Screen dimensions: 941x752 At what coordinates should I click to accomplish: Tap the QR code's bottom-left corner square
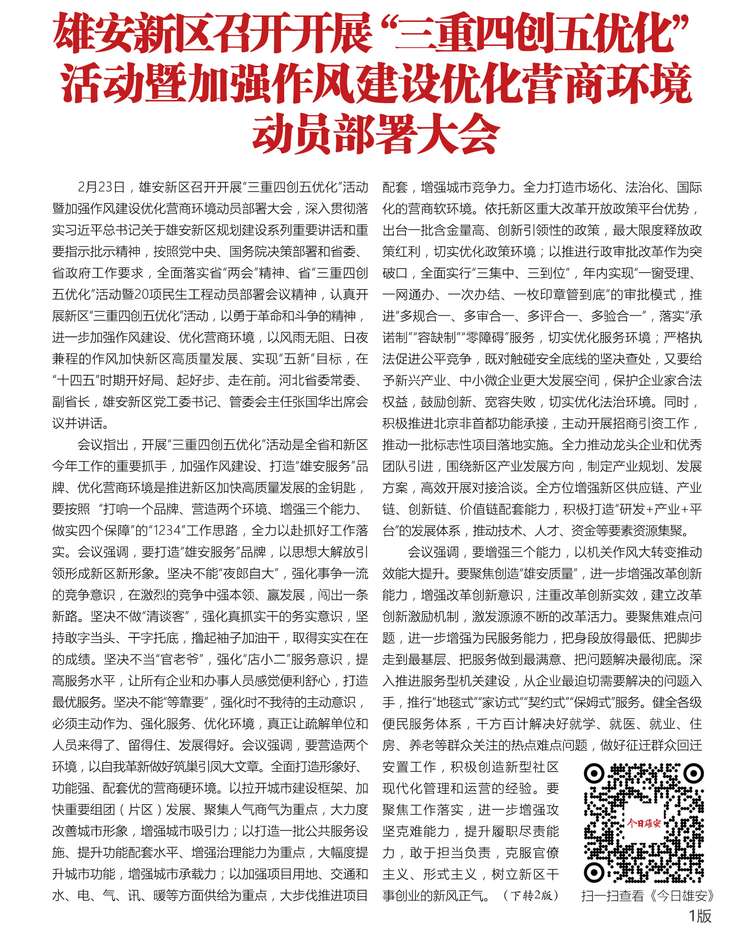pos(594,871)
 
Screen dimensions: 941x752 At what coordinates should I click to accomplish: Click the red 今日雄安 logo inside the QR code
pos(643,823)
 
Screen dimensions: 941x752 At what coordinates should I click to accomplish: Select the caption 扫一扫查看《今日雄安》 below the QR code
pos(647,896)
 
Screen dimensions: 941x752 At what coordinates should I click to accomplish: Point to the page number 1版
pos(700,916)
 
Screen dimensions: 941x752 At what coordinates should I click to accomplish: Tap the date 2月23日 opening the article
pos(101,187)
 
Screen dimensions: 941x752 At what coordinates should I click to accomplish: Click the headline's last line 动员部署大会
pos(376,135)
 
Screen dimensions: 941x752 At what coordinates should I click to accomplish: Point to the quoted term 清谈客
pos(165,616)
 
